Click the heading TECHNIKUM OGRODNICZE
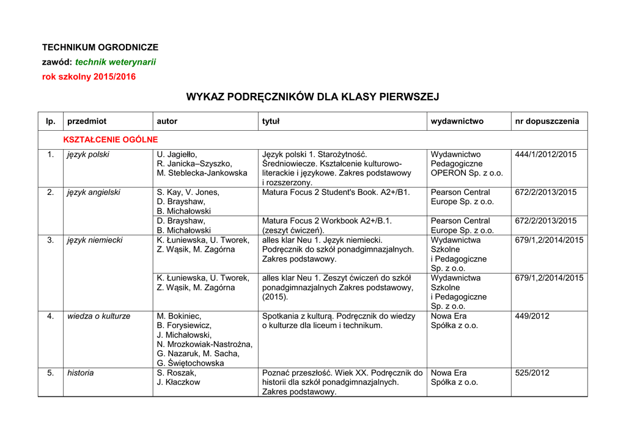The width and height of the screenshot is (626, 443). tap(100, 47)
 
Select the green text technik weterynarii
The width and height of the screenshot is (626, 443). tap(116, 62)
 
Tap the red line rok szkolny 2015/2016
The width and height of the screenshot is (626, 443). tap(89, 76)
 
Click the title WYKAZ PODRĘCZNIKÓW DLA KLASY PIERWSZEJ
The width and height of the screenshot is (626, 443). tap(312, 97)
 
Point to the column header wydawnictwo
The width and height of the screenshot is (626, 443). tap(457, 121)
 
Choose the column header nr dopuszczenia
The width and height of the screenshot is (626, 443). tap(547, 121)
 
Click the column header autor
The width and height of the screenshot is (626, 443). tap(167, 121)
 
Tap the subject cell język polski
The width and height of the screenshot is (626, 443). tap(88, 155)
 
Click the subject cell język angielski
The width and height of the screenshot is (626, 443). tap(94, 192)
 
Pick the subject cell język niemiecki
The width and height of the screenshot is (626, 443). tap(95, 240)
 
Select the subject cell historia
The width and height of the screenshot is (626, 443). tap(81, 373)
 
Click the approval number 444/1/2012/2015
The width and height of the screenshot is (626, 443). tap(545, 155)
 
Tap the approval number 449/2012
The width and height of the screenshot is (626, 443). tap(532, 316)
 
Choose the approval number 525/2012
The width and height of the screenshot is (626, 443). tap(532, 373)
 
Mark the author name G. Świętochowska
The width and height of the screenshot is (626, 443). tap(190, 363)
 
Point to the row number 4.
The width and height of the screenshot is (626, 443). tap(50, 316)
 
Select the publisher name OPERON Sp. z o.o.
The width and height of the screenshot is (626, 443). tap(466, 173)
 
